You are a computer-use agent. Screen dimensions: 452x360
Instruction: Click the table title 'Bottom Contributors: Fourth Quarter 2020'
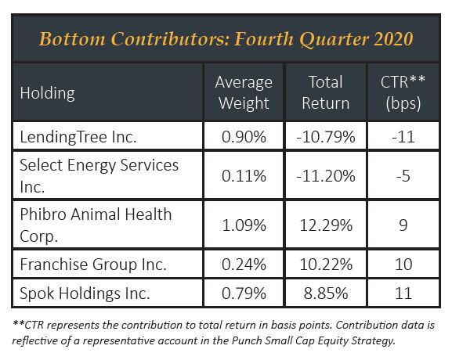[226, 39]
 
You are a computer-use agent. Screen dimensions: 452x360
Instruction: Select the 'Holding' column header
[47, 93]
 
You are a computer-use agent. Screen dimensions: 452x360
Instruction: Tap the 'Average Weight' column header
[244, 92]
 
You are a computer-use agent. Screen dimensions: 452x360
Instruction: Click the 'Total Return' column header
[326, 92]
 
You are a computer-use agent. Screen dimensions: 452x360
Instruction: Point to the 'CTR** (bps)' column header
[403, 92]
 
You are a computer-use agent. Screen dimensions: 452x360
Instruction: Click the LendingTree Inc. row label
[78, 137]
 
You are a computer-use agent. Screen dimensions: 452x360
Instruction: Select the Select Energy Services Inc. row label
[99, 175]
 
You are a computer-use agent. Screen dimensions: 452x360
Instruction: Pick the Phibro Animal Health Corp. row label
[96, 225]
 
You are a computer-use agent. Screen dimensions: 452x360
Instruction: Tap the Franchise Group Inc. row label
[93, 264]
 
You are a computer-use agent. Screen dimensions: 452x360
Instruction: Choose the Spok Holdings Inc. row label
[85, 293]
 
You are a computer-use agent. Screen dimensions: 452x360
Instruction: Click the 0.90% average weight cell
[244, 137]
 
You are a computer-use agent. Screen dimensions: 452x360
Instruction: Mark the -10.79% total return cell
[326, 137]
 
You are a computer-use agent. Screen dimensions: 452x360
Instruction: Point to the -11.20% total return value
[326, 176]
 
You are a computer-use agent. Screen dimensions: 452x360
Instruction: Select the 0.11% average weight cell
[244, 176]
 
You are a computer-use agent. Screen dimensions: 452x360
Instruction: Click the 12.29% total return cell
[326, 225]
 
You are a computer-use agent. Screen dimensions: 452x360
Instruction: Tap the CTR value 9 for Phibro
[403, 225]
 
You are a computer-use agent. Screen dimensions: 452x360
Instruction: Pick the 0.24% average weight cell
[244, 265]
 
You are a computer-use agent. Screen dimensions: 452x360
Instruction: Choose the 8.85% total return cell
[326, 293]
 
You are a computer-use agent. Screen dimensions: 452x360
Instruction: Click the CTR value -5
[403, 176]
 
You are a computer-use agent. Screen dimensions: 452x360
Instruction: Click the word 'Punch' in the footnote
[247, 340]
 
